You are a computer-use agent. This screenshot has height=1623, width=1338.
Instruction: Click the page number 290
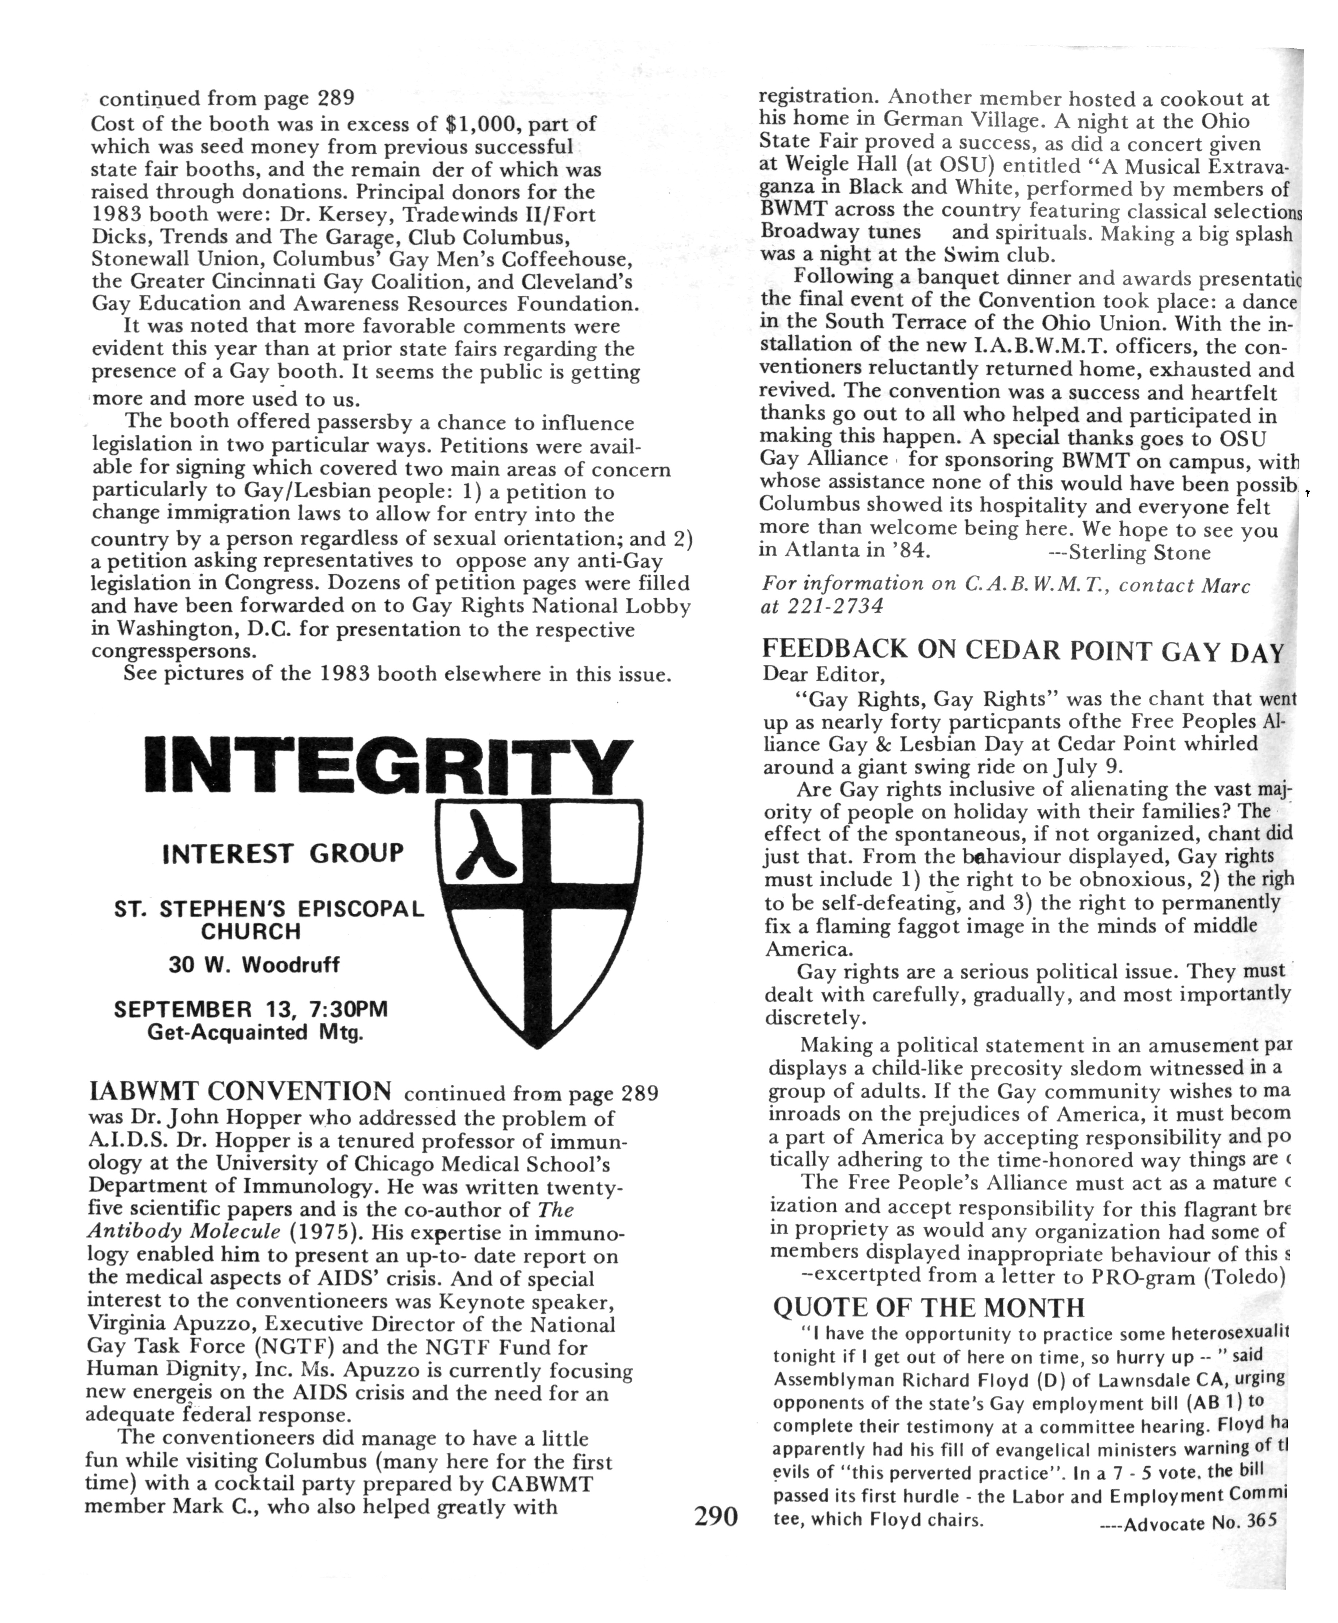[x=715, y=1516]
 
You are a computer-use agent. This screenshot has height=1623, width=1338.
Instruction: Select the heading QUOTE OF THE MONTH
[x=928, y=1307]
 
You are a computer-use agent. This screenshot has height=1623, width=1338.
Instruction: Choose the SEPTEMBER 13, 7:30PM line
[x=250, y=1009]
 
